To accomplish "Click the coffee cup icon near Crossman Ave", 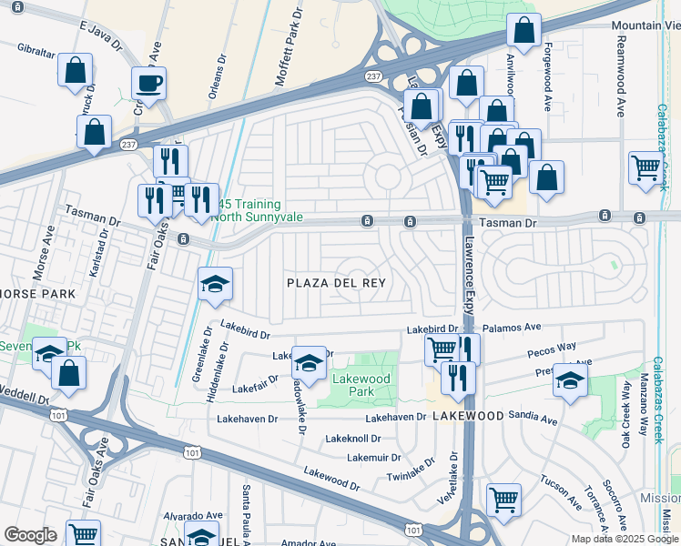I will tap(149, 84).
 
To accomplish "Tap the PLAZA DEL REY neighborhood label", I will tap(336, 283).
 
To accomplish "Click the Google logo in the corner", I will tap(30, 534).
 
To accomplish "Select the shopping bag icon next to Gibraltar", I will tap(75, 69).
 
